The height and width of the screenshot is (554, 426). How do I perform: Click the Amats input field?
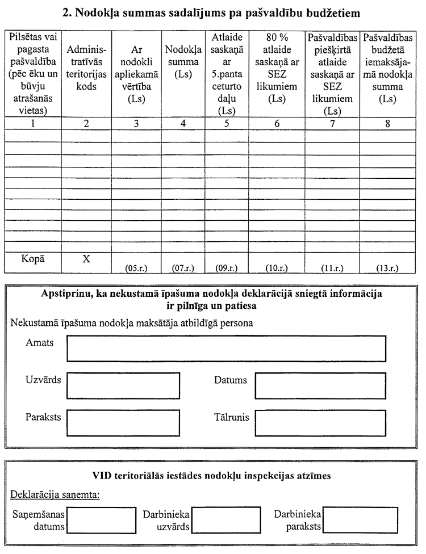point(226,349)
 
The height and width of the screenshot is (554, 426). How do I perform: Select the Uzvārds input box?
point(123,386)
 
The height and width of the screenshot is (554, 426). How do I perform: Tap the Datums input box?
point(320,386)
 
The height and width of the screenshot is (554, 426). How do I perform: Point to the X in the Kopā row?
point(86,259)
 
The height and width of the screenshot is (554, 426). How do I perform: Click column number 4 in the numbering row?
point(183,122)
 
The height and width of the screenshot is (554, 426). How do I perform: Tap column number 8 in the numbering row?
point(387,122)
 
